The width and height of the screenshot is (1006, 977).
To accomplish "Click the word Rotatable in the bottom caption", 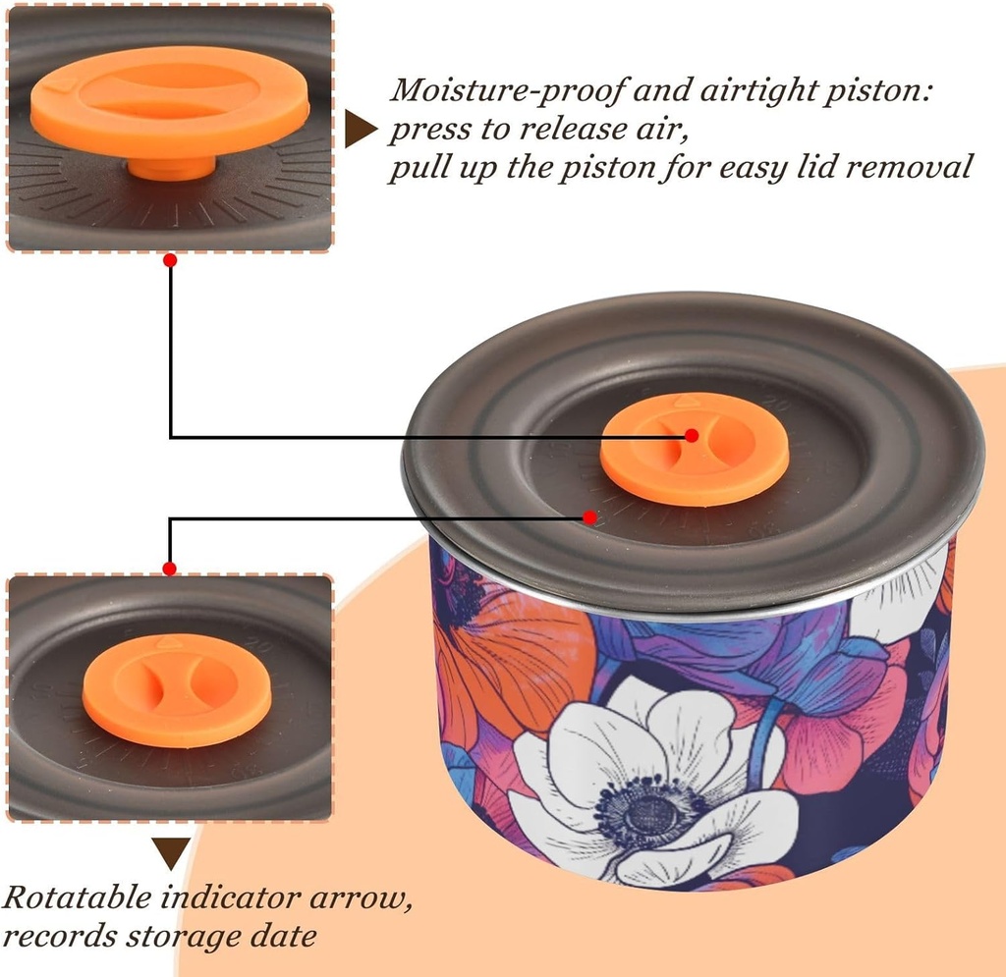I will point(80,898).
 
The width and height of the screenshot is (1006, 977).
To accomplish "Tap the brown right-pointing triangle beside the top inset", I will point(360,130).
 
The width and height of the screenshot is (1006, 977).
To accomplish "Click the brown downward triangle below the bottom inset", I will point(171,851).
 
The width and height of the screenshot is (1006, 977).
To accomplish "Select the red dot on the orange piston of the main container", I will point(692,435).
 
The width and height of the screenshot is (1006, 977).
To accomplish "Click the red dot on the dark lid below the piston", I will point(589,516).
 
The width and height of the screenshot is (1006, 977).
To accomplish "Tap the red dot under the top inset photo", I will point(170,260).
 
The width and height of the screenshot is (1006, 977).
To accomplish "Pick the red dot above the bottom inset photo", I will point(170,569).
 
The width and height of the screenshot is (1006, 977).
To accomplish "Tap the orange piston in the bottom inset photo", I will point(162,687).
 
